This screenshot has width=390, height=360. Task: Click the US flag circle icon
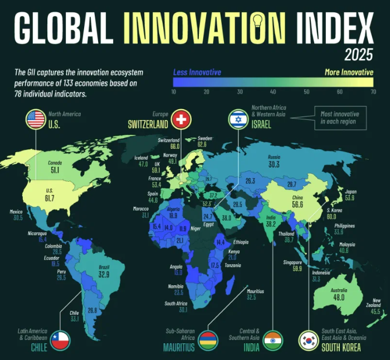pos(36,119)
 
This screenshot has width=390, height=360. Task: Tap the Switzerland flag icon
pos(181,119)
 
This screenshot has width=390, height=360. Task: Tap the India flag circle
pos(273,339)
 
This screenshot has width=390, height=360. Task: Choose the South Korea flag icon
pos(308,339)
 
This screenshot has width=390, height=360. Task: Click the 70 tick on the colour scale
pos(371,91)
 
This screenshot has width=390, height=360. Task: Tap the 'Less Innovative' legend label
pos(197,72)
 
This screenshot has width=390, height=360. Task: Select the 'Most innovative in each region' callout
pos(340,117)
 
